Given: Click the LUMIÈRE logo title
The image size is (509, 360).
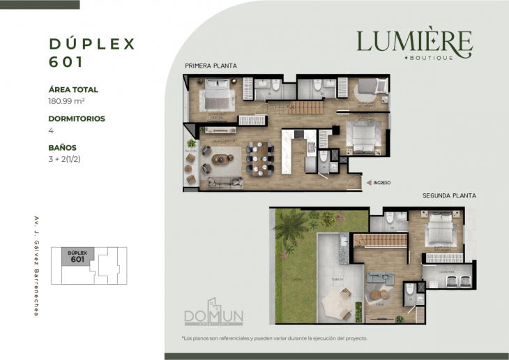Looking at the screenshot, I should [x=414, y=41].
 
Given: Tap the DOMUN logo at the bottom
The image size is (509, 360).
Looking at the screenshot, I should [x=213, y=317].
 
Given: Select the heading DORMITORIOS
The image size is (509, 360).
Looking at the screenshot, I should [x=77, y=119].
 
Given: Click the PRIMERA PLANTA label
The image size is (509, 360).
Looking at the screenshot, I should [x=211, y=66].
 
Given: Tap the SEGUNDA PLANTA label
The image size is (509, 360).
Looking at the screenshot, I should [x=448, y=196].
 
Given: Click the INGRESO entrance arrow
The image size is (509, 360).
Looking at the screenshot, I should [x=370, y=183].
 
